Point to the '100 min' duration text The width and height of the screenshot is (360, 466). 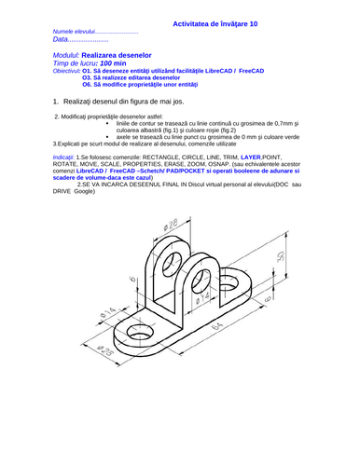point(116,63)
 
